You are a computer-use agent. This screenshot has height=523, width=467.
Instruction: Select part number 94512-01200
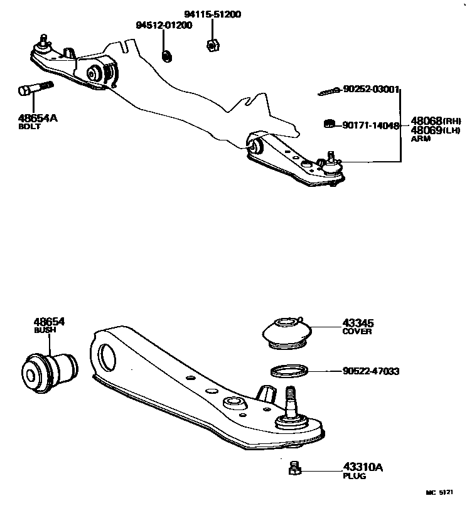click(164, 25)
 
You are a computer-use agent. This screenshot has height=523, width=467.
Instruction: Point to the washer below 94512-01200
click(167, 56)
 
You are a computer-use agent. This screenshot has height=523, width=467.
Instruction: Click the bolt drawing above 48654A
click(34, 89)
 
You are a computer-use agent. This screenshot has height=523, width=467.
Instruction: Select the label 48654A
click(38, 117)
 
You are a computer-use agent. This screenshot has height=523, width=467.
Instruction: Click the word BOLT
click(30, 127)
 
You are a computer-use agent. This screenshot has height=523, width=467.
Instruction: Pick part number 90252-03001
click(371, 90)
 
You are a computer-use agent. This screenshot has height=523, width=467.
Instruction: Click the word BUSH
click(44, 330)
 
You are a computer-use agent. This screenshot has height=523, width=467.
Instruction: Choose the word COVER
click(357, 332)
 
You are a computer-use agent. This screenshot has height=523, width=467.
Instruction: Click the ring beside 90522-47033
click(289, 371)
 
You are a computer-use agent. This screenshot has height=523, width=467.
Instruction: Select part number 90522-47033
click(371, 372)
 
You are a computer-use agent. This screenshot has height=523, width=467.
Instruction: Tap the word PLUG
click(354, 476)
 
